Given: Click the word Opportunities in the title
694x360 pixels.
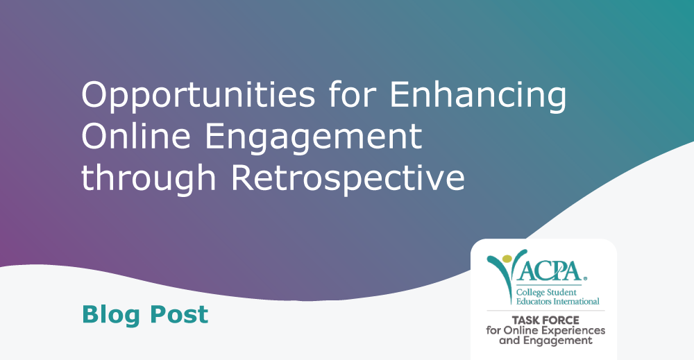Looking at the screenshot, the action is click(x=198, y=96).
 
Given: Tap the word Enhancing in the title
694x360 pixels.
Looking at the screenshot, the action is click(x=477, y=96).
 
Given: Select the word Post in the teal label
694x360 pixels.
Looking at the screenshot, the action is click(x=179, y=315).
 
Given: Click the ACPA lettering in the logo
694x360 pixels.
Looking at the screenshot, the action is click(x=549, y=271).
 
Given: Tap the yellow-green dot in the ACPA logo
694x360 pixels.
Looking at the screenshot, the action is click(x=507, y=259).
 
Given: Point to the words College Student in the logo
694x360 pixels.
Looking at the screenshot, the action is click(x=546, y=293).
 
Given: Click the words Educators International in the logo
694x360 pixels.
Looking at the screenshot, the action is click(x=558, y=302).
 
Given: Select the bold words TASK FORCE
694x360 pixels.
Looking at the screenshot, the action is click(x=545, y=320).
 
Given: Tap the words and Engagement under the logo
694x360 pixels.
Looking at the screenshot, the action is click(x=545, y=341).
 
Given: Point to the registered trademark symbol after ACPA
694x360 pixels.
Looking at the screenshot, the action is click(x=584, y=279).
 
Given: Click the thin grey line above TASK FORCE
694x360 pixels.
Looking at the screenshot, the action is click(x=545, y=311).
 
